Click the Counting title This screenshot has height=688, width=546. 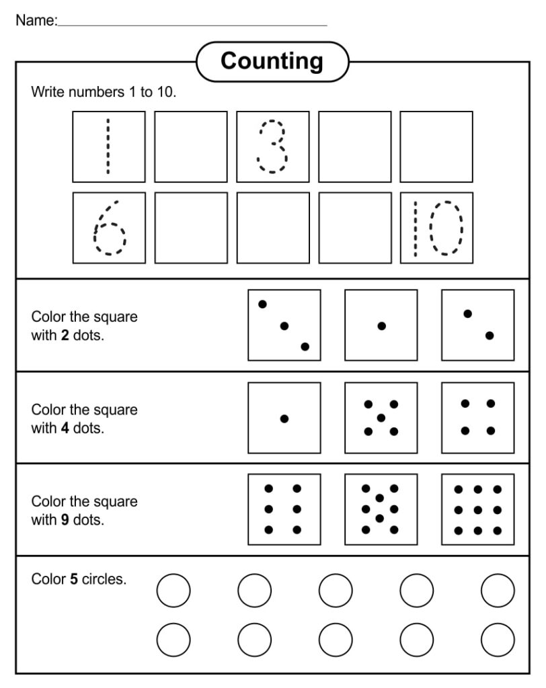point(272,61)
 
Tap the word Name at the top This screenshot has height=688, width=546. point(35,20)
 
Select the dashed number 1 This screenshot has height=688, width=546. point(108,146)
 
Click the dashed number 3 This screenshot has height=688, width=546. point(272,146)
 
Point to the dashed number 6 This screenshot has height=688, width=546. point(110,228)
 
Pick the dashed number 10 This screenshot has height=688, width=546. point(436,228)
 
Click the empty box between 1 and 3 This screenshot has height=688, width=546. point(191,146)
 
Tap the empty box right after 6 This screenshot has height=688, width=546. point(191,228)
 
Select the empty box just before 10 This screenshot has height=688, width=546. point(355,228)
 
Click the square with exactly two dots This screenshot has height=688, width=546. point(478,325)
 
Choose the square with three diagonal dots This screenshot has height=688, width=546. point(284,325)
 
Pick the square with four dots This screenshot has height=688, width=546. point(478,418)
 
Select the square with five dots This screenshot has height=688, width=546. point(381,418)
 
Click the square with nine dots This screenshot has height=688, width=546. point(478,509)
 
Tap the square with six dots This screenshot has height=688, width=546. point(284,509)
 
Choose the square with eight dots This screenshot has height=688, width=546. point(381,509)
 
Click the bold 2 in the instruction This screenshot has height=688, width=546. point(65,335)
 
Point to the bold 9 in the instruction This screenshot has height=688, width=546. point(65,520)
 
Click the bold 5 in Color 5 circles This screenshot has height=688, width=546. point(74,579)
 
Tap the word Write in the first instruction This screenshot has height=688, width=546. point(47,91)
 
